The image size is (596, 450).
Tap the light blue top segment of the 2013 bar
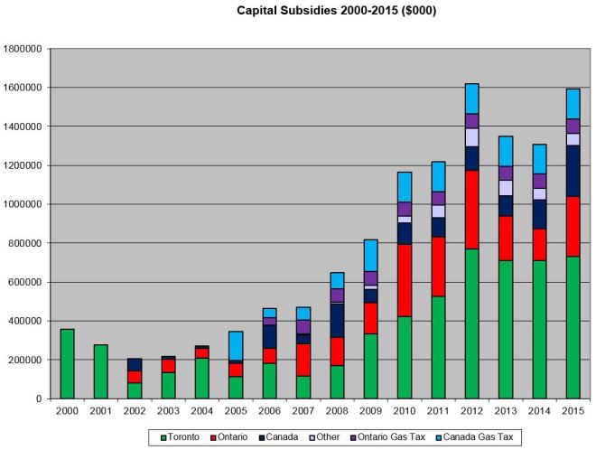(506, 151)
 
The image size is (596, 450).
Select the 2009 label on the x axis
(370, 410)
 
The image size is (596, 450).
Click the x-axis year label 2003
(168, 410)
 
